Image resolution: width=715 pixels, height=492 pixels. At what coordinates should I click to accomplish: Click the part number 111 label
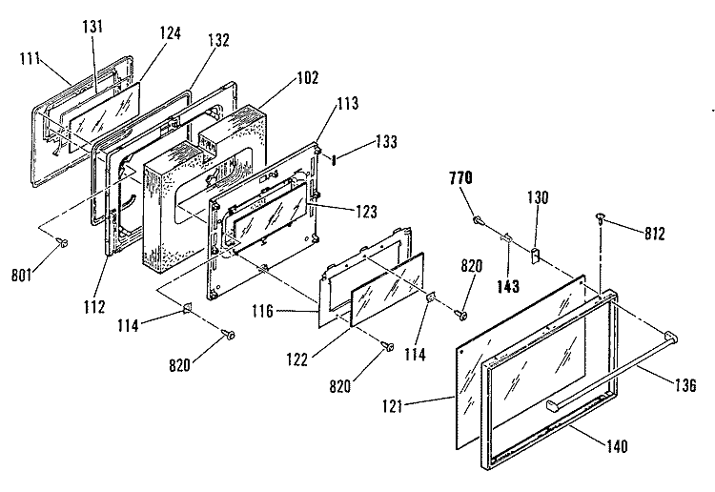click(31, 59)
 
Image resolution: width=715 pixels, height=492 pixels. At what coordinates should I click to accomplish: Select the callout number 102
click(308, 77)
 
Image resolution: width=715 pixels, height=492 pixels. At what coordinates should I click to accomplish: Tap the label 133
click(386, 142)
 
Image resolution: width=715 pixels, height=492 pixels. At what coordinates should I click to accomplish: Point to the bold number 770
click(460, 178)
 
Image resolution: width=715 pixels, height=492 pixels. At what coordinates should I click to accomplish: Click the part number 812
click(655, 234)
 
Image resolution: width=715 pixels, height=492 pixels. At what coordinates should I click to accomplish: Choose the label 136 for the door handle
click(685, 385)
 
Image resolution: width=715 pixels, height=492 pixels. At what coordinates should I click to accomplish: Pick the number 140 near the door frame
click(617, 446)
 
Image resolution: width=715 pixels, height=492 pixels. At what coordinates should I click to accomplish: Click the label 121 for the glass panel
click(393, 406)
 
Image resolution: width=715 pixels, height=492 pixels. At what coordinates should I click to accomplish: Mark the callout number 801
click(22, 276)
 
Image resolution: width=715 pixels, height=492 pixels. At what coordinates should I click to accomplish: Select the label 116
click(263, 312)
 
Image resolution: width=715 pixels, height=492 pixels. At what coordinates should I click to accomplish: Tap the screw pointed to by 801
click(61, 243)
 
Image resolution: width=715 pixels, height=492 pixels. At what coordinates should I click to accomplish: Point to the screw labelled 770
click(478, 220)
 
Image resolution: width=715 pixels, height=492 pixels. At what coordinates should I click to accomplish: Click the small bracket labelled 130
click(535, 255)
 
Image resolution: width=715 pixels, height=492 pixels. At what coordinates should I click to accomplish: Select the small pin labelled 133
click(334, 160)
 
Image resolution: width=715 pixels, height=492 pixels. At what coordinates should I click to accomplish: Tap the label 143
click(508, 286)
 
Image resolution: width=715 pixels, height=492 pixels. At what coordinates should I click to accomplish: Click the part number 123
click(367, 212)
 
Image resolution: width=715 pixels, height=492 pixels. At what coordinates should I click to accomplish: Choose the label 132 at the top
click(218, 40)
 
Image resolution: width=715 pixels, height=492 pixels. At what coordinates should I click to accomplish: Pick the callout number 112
click(94, 307)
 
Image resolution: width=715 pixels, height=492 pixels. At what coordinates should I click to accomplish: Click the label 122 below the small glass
click(297, 359)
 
